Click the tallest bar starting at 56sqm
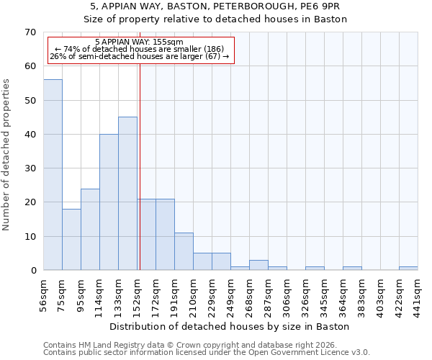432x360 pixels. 53,175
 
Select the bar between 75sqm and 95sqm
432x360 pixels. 71,240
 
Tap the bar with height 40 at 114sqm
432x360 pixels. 109,202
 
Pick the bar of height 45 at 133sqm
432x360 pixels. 127,194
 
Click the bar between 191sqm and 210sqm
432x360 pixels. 184,251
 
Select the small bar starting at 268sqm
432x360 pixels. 258,265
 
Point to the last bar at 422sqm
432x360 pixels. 408,269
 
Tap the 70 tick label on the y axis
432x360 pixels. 30,32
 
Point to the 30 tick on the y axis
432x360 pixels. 30,168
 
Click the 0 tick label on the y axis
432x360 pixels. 32,271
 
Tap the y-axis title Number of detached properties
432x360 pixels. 6,155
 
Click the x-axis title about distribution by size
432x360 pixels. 230,326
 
